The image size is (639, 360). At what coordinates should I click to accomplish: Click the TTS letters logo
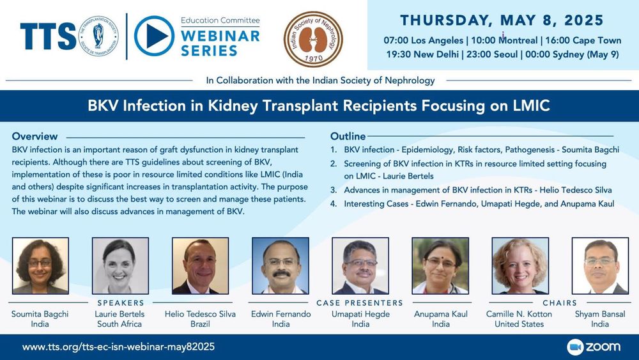pos(48,36)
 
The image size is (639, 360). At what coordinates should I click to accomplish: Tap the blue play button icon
pos(154,36)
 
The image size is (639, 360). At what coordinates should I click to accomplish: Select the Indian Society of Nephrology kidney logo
pos(313,39)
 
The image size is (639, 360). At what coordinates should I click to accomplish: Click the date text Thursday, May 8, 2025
pos(502,20)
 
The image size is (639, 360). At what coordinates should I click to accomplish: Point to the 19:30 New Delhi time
pos(422,54)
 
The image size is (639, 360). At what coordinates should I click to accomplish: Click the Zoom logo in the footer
pos(594,347)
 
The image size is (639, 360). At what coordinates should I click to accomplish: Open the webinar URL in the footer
pos(118,347)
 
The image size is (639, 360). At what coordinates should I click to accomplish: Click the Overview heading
pos(35,136)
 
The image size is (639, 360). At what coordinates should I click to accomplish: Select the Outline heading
pos(348,136)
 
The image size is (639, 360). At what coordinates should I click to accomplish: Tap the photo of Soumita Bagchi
pos(40,266)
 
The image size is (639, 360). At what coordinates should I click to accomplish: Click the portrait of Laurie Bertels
pos(120,266)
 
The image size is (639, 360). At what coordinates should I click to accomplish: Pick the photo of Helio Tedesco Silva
pos(200,266)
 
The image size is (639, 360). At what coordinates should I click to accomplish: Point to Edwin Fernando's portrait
pos(281,266)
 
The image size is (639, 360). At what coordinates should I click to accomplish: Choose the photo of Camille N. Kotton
pos(520,266)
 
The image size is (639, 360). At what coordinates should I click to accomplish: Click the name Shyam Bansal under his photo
pos(600,315)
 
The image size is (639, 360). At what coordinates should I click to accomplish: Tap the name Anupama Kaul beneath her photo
pos(440,315)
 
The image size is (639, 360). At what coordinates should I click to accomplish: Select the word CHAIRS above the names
pos(560,303)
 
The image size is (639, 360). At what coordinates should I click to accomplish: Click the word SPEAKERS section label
pos(121,303)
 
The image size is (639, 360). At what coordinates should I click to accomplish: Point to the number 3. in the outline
pos(334,190)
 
